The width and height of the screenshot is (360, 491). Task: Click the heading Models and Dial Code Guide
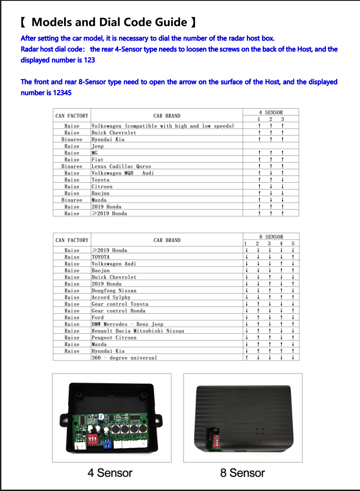coord(109,22)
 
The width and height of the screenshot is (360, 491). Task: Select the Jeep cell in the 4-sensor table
coord(98,146)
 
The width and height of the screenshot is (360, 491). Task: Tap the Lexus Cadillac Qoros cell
coord(121,166)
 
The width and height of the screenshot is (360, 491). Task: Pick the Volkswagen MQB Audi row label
coord(123,173)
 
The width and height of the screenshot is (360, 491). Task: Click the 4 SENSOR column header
coord(270,112)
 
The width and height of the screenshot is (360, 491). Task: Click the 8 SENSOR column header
coord(271,237)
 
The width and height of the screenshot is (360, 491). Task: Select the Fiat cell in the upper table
coord(97,160)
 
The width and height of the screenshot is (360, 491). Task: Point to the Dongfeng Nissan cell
coord(114,291)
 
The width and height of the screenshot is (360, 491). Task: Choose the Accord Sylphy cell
coord(111,297)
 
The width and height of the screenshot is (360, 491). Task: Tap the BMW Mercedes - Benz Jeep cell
coord(127,324)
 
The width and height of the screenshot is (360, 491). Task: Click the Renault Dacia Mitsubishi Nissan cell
coord(138,331)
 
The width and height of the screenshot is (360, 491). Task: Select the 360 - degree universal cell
coord(124,358)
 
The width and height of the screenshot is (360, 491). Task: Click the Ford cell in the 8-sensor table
coord(98,317)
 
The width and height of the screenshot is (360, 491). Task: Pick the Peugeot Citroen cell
coord(114,338)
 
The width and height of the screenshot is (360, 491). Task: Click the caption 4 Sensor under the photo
coord(110,473)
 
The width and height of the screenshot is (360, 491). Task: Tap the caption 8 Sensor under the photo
coord(242,473)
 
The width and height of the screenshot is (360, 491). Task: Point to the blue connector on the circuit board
coord(108,444)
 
